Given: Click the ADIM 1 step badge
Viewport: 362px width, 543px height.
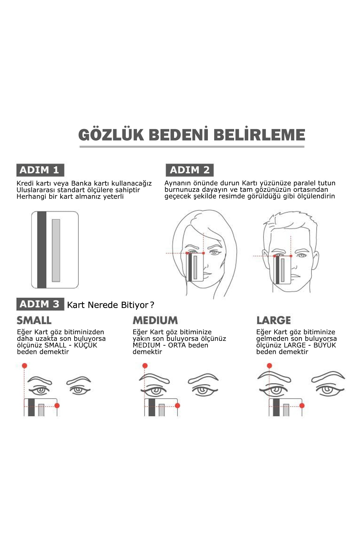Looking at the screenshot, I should (x=40, y=170).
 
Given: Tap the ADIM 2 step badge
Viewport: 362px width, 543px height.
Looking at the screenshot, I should (x=189, y=170).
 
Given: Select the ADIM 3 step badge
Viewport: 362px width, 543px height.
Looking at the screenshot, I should (x=40, y=304).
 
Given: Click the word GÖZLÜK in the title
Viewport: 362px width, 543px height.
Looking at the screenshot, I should (x=111, y=135).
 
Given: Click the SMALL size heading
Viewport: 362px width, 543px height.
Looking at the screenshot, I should (x=34, y=320).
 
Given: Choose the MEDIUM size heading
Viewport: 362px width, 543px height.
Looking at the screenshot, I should (x=155, y=320).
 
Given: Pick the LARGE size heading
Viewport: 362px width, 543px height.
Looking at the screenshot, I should (x=274, y=320).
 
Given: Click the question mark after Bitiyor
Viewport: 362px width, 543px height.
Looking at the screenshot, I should (x=152, y=305).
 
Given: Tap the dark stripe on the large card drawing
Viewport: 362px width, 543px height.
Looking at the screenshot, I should (x=42, y=250).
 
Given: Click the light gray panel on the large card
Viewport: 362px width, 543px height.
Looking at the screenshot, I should (x=56, y=250).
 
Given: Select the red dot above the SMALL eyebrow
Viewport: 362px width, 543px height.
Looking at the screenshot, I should (x=24, y=366).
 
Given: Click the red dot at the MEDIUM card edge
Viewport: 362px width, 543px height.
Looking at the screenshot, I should (x=177, y=406).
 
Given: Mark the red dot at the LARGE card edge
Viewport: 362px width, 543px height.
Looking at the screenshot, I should (x=302, y=406).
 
